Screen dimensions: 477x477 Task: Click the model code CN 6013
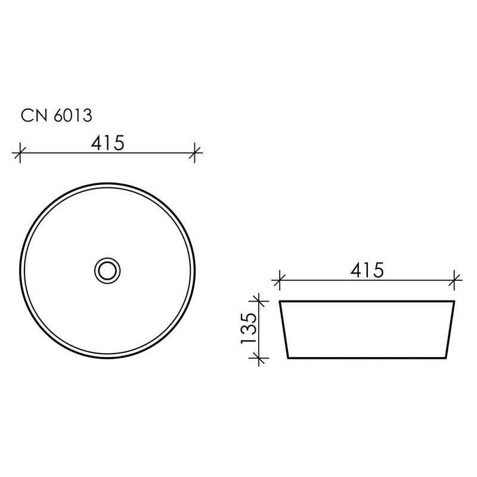click(x=57, y=115)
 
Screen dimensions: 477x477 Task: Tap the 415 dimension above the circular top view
click(x=107, y=143)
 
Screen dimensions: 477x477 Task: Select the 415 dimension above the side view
click(x=366, y=270)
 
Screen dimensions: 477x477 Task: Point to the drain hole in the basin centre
click(x=108, y=270)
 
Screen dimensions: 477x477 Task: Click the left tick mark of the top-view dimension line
click(x=20, y=153)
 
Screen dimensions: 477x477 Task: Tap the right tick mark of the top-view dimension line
click(x=195, y=153)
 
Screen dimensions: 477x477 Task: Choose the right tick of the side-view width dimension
click(x=455, y=278)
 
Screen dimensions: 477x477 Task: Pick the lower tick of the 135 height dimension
click(x=258, y=358)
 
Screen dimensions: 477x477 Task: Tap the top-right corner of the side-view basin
click(x=454, y=302)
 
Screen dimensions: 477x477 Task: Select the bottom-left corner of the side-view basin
click(x=289, y=358)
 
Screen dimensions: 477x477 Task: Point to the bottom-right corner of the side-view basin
click(x=446, y=358)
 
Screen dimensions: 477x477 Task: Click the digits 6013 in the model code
click(x=72, y=115)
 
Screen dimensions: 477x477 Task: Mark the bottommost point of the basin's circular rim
click(x=108, y=357)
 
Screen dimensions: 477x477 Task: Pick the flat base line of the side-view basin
click(x=367, y=358)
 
